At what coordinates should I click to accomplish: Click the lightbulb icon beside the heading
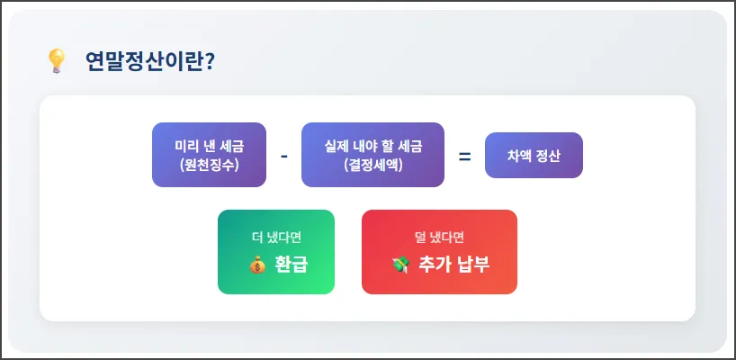point(57,60)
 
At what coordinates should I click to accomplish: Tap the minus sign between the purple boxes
point(283,156)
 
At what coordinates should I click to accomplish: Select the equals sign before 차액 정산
point(464,156)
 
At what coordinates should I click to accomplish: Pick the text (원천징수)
point(209,165)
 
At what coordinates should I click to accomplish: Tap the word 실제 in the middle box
point(338,146)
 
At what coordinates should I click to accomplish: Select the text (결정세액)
point(372,165)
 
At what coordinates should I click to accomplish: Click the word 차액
point(520,156)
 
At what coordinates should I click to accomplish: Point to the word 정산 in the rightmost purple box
point(548,156)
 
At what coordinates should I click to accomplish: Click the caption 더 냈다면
point(276,238)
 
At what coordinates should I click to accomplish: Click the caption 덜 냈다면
point(439,238)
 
